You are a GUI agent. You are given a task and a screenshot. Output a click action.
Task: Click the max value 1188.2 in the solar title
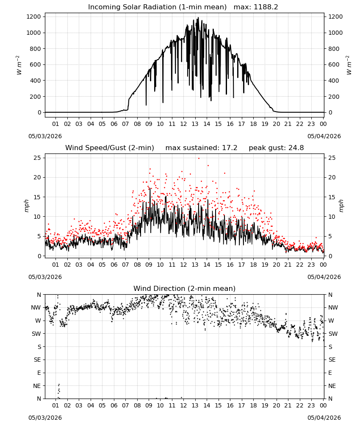coord(266,7)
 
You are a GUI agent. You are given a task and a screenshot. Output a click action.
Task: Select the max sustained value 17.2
coord(230,148)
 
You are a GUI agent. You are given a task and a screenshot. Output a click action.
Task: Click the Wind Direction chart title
coord(185,288)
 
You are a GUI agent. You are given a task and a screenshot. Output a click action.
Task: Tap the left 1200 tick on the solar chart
coord(34,17)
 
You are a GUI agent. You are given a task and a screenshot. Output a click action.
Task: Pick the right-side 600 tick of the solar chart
coord(334,64)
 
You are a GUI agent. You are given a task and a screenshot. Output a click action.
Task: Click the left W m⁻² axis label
coord(19,65)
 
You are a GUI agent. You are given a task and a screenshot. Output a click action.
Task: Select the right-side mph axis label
coord(341,206)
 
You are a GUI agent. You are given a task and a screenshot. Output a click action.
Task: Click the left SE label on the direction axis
coord(37,360)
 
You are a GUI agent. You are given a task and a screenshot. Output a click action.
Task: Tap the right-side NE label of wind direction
coord(332,386)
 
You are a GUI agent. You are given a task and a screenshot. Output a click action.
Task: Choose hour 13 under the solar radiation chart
coord(195,124)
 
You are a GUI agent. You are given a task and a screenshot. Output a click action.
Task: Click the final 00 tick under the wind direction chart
coord(323,405)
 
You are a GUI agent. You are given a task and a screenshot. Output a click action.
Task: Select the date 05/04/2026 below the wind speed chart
coord(324,277)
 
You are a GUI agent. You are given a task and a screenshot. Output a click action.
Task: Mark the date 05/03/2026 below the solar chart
coord(45,136)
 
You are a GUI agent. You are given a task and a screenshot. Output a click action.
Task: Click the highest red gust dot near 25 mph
coord(199,158)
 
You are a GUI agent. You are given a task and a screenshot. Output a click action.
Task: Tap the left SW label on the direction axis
coord(36,334)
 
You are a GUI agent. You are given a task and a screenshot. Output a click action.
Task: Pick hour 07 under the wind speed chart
coord(125,265)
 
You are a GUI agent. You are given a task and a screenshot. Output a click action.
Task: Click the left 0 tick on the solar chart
coord(39,112)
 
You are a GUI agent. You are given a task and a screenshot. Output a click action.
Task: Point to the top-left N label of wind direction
coord(39,295)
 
